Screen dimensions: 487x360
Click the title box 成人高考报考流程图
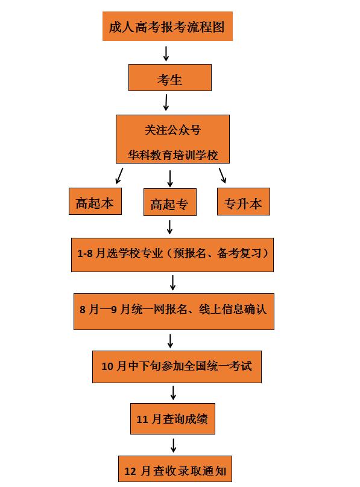point(168,27)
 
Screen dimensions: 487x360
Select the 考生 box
point(169,78)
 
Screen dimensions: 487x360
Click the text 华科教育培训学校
point(172,154)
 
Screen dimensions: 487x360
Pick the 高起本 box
point(95,202)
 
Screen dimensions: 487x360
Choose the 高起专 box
point(169,205)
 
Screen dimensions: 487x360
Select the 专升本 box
point(243,202)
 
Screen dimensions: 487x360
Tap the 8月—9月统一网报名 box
point(174,310)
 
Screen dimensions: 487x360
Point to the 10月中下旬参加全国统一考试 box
point(177,366)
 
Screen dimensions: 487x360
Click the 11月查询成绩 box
point(172,418)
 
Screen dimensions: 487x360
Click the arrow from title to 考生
point(166,53)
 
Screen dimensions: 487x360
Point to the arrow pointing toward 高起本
point(119,176)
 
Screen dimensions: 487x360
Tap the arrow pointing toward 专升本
point(223,175)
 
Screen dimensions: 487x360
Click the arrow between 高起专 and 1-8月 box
point(170,227)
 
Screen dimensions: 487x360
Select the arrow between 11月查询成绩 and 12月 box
point(174,445)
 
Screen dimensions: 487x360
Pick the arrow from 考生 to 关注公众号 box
point(165,102)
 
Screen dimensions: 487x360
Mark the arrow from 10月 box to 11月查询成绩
point(173,393)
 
